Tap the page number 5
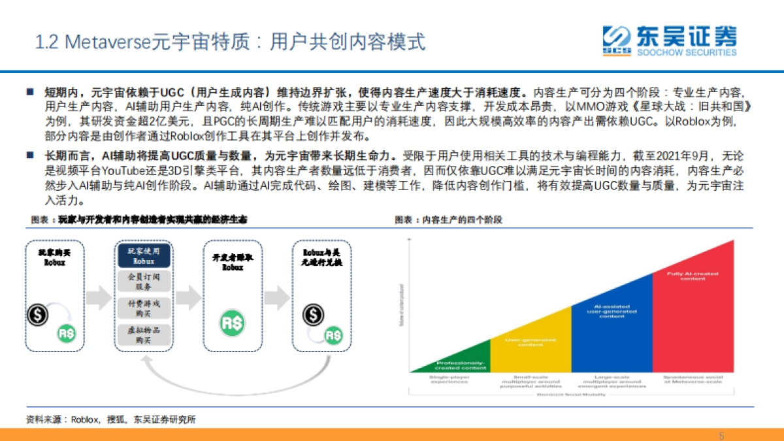(x=721, y=435)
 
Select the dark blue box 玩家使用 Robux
(x=144, y=255)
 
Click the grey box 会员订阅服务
(x=144, y=282)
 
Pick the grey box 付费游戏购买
(x=144, y=308)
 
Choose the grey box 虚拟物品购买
(x=144, y=335)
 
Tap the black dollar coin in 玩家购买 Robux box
(x=37, y=316)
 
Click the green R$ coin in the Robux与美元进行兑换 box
(x=333, y=336)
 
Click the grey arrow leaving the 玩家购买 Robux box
(x=98, y=298)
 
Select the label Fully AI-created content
(x=685, y=276)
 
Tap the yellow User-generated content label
(x=530, y=342)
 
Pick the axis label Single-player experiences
(x=449, y=380)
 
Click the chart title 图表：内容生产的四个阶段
(x=448, y=221)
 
